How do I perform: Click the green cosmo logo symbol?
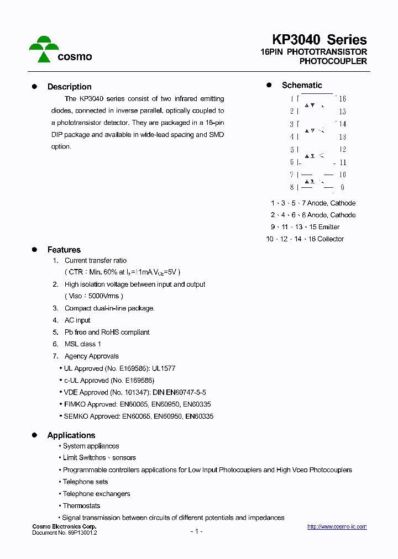(x=44, y=49)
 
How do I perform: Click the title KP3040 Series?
(x=319, y=40)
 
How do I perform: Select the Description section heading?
(x=69, y=87)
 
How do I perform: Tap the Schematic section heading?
(x=302, y=85)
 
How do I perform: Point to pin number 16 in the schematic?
(x=342, y=99)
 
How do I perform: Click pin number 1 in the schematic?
(x=291, y=99)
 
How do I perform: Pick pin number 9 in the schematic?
(x=342, y=188)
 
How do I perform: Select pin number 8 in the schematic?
(x=291, y=188)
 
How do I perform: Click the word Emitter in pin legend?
(x=329, y=227)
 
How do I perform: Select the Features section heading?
(x=64, y=250)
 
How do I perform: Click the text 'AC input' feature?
(x=77, y=320)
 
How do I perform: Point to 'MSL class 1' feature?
(x=83, y=344)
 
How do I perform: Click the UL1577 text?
(x=164, y=368)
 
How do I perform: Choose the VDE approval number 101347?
(x=138, y=392)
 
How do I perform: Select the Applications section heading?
(x=71, y=435)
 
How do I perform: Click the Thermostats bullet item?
(x=81, y=506)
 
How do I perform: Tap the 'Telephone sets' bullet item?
(x=85, y=482)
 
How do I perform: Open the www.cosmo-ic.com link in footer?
(x=337, y=527)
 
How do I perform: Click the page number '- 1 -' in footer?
(x=196, y=531)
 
